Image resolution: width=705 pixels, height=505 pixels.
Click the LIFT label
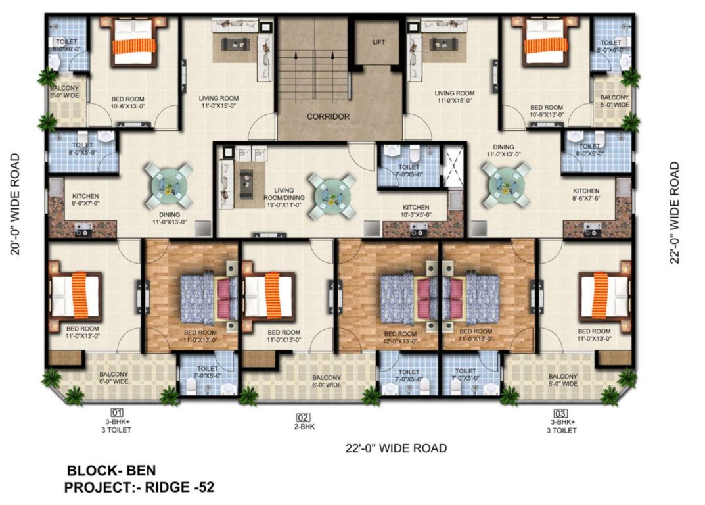(378, 42)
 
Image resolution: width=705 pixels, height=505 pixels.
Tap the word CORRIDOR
(328, 116)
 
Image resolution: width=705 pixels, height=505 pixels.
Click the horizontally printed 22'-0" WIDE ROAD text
(396, 448)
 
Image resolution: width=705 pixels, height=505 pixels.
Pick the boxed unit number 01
(117, 413)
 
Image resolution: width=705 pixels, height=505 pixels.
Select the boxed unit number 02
(303, 417)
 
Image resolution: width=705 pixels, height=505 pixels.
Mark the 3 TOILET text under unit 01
(117, 430)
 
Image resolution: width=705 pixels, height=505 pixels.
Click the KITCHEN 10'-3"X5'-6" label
(416, 210)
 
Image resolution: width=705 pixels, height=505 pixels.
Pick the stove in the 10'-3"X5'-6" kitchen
(417, 229)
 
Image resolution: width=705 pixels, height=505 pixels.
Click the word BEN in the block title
(141, 471)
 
